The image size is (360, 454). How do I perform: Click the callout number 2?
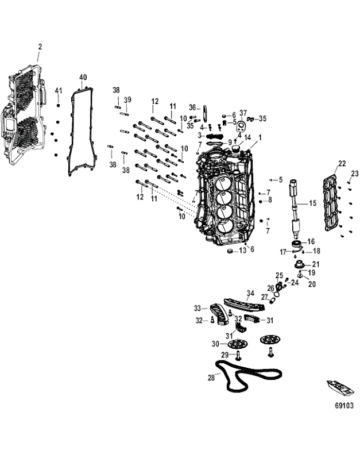click(40, 46)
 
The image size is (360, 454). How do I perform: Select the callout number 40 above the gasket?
click(83, 77)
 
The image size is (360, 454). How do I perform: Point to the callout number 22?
click(342, 164)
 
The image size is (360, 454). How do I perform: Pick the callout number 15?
click(312, 203)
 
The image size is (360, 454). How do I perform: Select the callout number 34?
click(250, 293)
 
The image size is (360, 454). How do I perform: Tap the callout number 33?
click(197, 308)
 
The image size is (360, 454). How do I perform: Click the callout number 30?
click(215, 344)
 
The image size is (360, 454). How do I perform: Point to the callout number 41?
click(58, 91)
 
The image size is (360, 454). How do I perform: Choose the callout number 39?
click(127, 100)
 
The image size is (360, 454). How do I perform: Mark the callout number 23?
click(354, 174)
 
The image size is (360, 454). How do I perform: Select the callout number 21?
click(316, 264)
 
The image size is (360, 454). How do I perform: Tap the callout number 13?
click(242, 251)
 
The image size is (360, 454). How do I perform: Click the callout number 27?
click(265, 297)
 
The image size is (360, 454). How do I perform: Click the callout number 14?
click(247, 137)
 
